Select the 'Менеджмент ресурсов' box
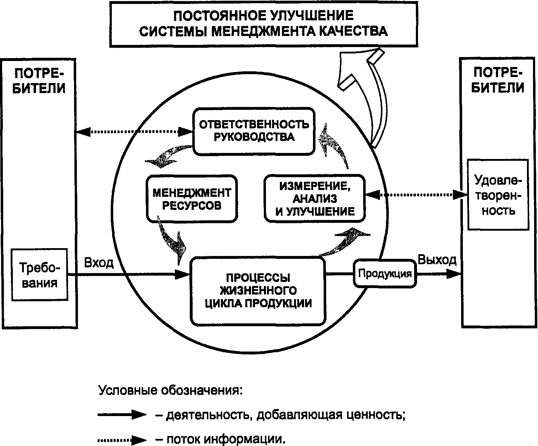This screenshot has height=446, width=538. point(192,199)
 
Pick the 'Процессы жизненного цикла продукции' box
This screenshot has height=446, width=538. point(258,291)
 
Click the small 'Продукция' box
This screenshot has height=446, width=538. point(385,274)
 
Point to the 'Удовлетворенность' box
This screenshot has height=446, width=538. point(498,195)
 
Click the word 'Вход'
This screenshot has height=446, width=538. point(99,263)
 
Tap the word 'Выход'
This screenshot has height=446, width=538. point(437,260)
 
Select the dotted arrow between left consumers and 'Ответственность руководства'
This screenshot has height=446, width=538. point(134,132)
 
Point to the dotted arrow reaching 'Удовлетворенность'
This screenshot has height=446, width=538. point(416,195)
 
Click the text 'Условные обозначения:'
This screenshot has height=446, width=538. point(170,390)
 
